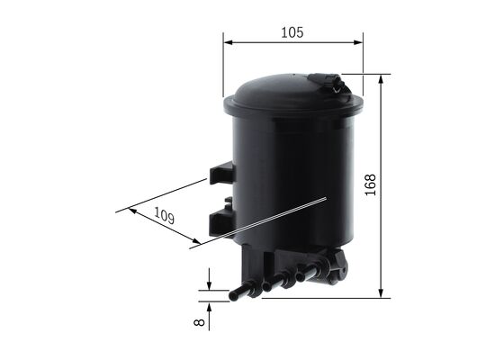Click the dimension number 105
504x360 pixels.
[292, 31]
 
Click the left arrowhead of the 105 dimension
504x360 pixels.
[228, 41]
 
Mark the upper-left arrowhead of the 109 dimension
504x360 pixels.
[133, 211]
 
